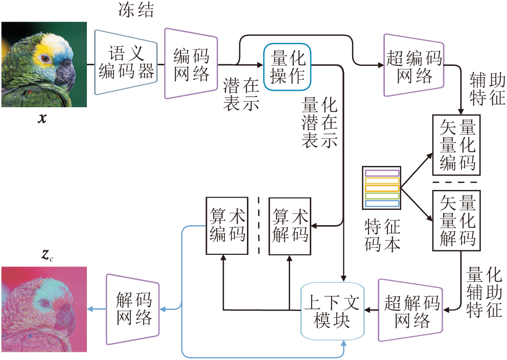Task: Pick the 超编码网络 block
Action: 413,65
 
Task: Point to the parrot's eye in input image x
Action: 45,58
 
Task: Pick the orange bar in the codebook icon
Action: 381,181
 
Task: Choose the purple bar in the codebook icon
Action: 381,173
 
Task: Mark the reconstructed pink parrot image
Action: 43,309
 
